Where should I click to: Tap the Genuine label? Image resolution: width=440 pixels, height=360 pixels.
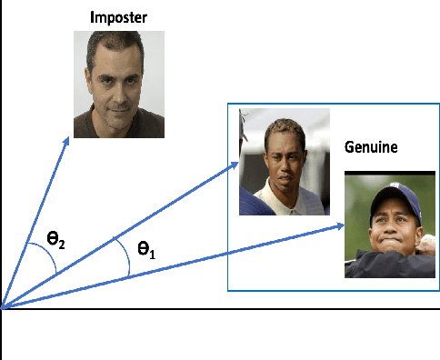click(371, 146)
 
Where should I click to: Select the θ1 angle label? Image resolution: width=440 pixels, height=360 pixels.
click(146, 248)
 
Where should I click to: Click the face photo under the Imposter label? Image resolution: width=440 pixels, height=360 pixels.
click(119, 83)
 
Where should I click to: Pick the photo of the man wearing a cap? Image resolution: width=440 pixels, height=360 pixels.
click(384, 225)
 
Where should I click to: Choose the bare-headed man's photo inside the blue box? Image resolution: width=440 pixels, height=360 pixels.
click(284, 162)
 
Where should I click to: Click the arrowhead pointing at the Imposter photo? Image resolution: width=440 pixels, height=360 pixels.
click(67, 141)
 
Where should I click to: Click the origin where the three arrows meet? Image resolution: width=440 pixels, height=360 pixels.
click(3, 308)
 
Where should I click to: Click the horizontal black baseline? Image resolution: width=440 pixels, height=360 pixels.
click(273, 309)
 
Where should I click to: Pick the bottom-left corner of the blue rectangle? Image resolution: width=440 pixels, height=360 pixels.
click(227, 290)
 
